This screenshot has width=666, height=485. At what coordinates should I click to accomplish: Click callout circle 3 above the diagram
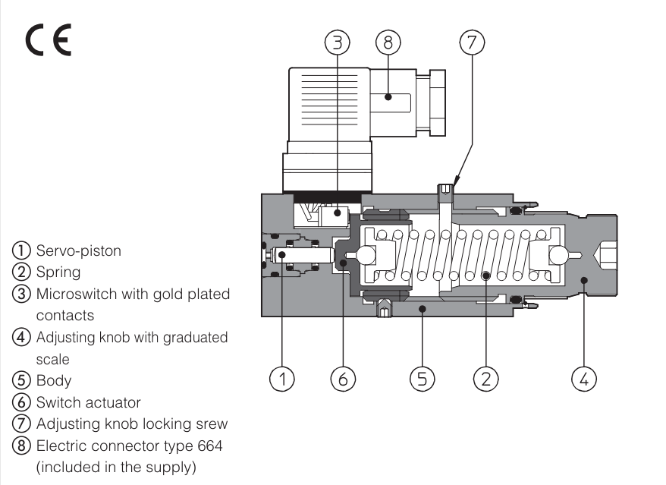tap(336, 43)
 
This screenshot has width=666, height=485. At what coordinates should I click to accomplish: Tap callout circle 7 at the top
tap(471, 43)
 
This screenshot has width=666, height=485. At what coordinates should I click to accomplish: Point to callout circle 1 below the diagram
tap(282, 378)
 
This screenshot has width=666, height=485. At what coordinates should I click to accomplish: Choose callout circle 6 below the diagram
tap(343, 378)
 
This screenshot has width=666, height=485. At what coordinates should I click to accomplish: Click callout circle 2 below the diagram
tap(486, 378)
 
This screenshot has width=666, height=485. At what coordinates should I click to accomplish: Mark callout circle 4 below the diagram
tap(584, 378)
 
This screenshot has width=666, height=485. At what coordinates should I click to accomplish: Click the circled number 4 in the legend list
tap(17, 338)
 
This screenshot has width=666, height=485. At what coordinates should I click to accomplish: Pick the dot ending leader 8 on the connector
tap(387, 96)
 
